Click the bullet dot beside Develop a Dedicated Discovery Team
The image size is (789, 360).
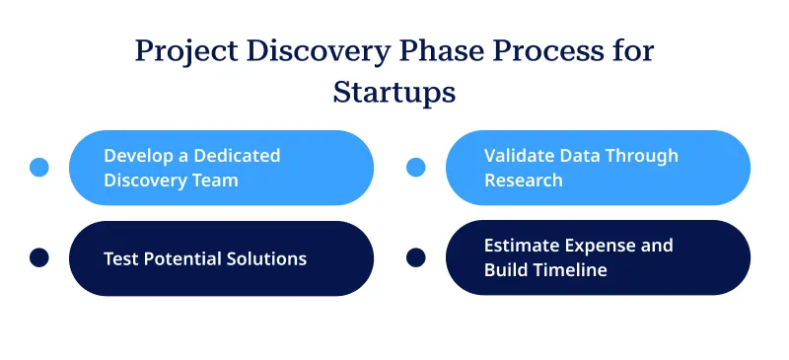(39, 168)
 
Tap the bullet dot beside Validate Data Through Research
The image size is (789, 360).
(416, 168)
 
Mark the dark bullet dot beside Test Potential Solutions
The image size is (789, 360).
(39, 258)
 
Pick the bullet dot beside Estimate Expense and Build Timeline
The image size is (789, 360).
(416, 258)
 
